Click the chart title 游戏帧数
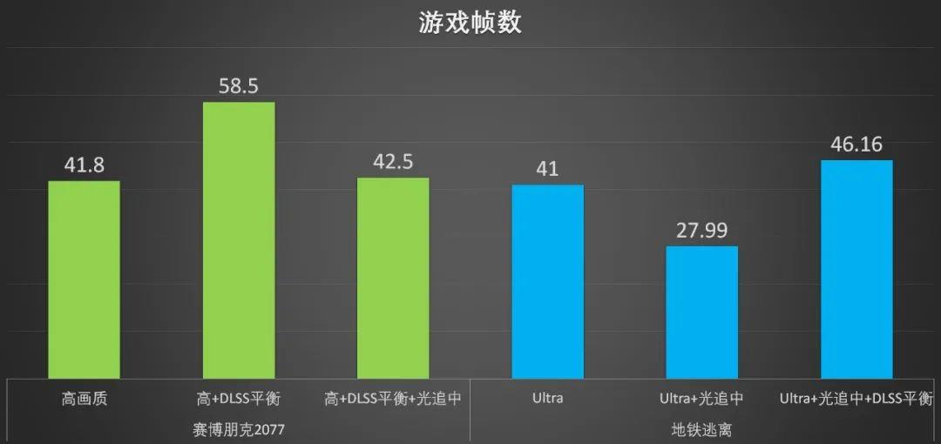[470, 24]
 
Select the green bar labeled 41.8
[84, 279]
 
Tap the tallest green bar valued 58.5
[239, 240]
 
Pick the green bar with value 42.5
[393, 278]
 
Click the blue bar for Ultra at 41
[547, 281]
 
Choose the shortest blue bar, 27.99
[701, 312]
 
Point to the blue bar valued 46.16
[857, 269]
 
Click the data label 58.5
[239, 86]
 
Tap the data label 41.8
[84, 165]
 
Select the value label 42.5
[393, 162]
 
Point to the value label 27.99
[701, 231]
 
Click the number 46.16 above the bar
[857, 144]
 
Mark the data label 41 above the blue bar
[547, 169]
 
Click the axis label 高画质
[84, 399]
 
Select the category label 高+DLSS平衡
[238, 399]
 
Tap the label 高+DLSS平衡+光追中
[393, 399]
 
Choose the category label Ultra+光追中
[701, 399]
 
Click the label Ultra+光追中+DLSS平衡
[856, 399]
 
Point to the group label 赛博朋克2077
[239, 429]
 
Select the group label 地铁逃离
[701, 429]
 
